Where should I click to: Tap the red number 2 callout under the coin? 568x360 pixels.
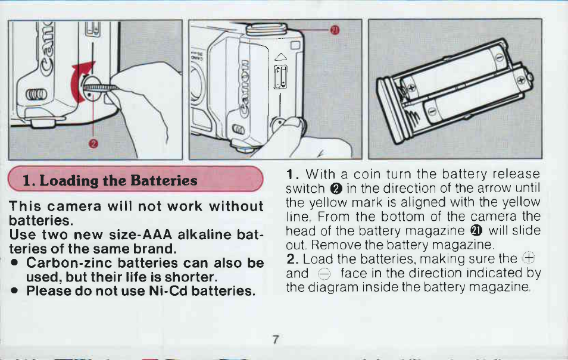[x=93, y=144]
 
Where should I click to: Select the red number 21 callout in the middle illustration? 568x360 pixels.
[x=335, y=30]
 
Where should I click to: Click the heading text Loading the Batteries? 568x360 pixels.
[x=118, y=180]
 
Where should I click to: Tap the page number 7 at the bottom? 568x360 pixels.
[x=276, y=340]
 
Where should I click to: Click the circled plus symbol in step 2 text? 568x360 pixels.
[x=529, y=259]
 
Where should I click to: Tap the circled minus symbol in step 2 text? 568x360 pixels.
[x=324, y=274]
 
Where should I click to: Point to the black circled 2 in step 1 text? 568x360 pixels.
[x=336, y=189]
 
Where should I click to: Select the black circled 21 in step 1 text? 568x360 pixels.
[x=476, y=231]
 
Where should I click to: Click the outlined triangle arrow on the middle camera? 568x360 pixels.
[x=280, y=57]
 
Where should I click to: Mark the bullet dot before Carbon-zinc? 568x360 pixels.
[x=14, y=262]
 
